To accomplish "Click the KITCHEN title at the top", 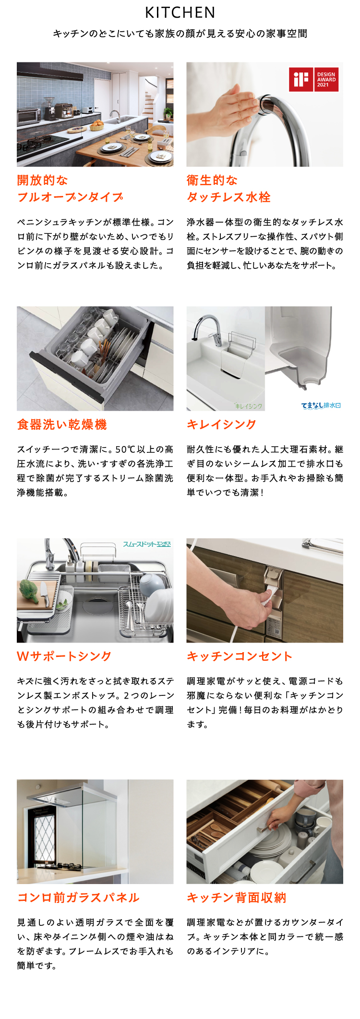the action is [180, 12].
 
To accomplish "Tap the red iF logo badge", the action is [301, 79].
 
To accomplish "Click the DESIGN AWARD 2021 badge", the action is [326, 79].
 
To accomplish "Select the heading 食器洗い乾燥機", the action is [62, 425].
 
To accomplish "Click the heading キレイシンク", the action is [221, 425].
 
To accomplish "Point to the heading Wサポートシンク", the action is [64, 656].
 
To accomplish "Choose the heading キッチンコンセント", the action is [240, 656].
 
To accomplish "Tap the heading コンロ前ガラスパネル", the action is [78, 898].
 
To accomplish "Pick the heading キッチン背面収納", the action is [237, 898].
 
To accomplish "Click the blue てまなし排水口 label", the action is [321, 405].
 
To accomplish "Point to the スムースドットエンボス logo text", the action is [147, 544].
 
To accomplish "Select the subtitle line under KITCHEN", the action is [180, 34].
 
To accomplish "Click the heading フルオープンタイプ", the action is [70, 197].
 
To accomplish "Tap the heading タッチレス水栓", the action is [229, 197].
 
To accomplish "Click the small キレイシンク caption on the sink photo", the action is [249, 406].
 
